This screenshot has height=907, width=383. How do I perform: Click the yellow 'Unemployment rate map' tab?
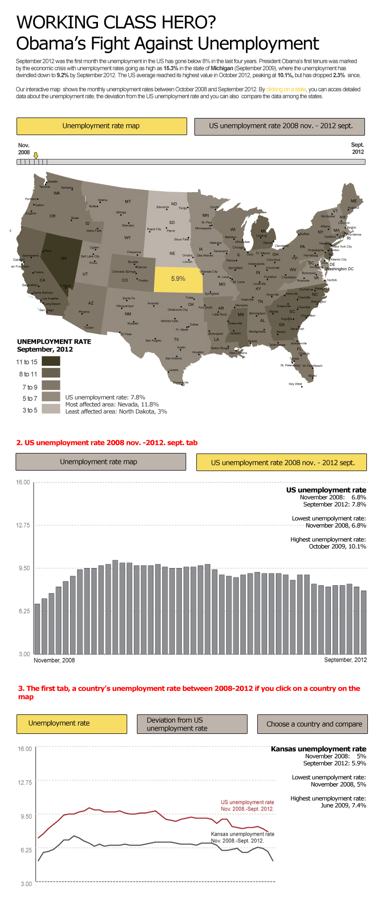coord(101,126)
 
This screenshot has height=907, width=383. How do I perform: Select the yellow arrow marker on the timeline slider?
coord(36,155)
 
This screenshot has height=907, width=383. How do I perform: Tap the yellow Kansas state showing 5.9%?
coord(178,279)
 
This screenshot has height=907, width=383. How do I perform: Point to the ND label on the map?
coord(174,204)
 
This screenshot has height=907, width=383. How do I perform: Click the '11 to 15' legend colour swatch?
coord(51,361)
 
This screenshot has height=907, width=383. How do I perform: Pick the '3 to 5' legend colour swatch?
coord(51,409)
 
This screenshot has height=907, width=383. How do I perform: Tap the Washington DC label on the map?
coord(339,269)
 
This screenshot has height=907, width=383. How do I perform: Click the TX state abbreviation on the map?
coord(176,339)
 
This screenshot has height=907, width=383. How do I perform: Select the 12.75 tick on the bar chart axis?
coord(23,525)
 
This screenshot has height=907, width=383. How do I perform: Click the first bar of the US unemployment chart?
coord(37,629)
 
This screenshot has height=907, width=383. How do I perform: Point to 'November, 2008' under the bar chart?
coord(54,660)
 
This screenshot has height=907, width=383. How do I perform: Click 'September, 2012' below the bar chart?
coord(345,660)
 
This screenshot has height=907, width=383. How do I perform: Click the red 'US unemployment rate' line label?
coord(247,805)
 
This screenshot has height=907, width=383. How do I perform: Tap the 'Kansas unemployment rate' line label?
coord(242,837)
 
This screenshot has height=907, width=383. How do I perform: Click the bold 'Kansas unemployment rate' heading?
coord(318,749)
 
